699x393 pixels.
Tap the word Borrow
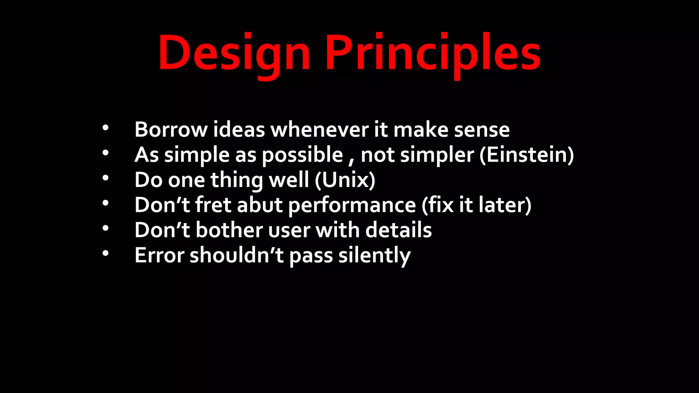[171, 130]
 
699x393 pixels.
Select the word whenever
[319, 130]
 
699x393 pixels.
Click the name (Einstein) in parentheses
[527, 155]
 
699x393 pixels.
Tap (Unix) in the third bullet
[345, 180]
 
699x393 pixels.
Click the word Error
[159, 255]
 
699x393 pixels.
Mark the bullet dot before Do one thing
[105, 178]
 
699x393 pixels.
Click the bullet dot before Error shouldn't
[105, 253]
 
